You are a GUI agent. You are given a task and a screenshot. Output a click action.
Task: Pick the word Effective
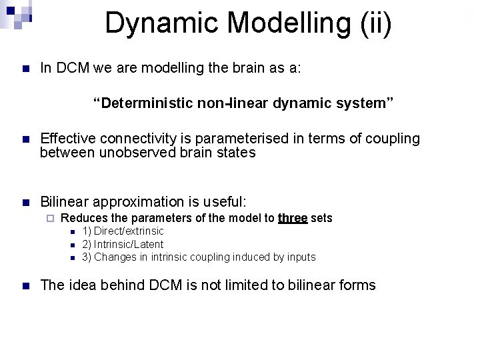click(68, 138)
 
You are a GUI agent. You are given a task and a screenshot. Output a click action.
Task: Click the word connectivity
click(139, 138)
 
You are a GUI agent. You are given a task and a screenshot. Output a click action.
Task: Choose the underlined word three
click(293, 218)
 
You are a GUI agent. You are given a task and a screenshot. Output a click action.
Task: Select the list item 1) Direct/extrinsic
click(123, 231)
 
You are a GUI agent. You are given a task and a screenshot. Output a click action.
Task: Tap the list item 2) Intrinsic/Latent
click(123, 244)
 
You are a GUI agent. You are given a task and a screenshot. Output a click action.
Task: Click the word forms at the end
click(358, 285)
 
